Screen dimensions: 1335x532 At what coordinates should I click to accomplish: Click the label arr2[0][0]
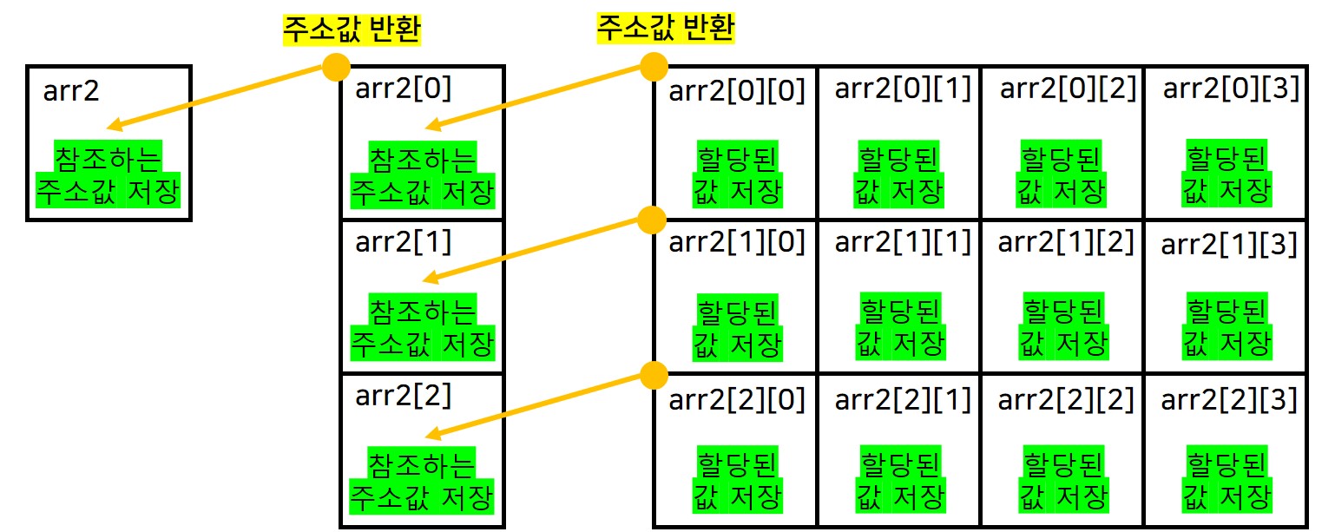coord(737,90)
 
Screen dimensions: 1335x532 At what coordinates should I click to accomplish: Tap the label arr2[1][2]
coord(1066,242)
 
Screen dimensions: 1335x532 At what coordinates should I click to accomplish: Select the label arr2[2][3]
coord(1229,400)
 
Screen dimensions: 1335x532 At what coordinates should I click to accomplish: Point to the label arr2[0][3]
coord(1231,89)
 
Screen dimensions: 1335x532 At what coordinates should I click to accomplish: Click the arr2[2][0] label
coord(737,400)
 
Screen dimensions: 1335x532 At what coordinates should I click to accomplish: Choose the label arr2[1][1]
coord(903,242)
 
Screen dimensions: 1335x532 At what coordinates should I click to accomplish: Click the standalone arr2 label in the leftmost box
coord(71,90)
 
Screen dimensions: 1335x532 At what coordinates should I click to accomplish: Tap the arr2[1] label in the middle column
coord(404,242)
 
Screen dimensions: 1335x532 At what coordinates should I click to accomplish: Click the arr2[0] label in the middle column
coord(404,89)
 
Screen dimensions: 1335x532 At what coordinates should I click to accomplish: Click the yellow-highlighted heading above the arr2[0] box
coord(352,30)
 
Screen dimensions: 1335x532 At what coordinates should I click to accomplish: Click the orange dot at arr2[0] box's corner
coord(336,66)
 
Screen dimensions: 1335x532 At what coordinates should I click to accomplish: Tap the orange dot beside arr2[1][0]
coord(652,220)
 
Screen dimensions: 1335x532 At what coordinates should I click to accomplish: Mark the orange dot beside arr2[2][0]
coord(653,375)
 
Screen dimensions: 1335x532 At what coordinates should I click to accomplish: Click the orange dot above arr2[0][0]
coord(653,66)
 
